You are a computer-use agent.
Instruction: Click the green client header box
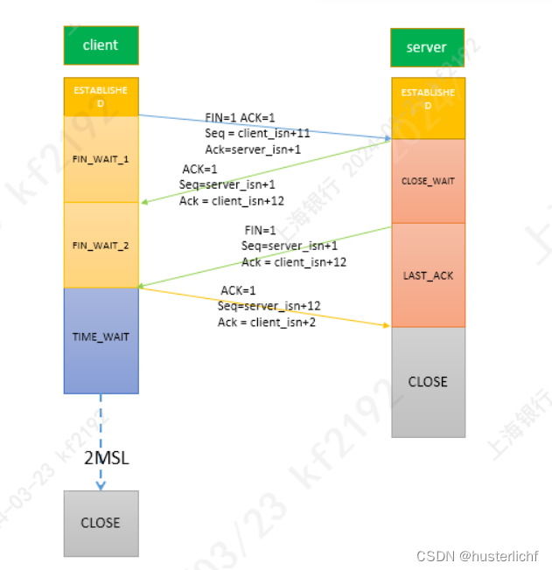pyautogui.click(x=101, y=45)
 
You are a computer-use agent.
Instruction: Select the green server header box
pyautogui.click(x=427, y=47)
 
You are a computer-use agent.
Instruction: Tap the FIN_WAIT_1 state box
pyautogui.click(x=101, y=159)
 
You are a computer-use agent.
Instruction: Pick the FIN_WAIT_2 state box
pyautogui.click(x=101, y=246)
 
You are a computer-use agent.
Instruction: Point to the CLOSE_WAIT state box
pyautogui.click(x=428, y=181)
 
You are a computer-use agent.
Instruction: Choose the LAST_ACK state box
pyautogui.click(x=428, y=275)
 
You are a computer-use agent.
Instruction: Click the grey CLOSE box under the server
pyautogui.click(x=428, y=382)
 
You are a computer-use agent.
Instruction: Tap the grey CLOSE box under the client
pyautogui.click(x=101, y=523)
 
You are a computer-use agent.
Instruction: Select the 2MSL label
pyautogui.click(x=107, y=458)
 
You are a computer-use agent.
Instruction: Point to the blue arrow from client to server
pyautogui.click(x=262, y=126)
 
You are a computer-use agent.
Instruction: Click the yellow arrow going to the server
pyautogui.click(x=262, y=307)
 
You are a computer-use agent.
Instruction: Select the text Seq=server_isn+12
pyautogui.click(x=269, y=306)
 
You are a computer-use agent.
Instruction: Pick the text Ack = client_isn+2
pyautogui.click(x=267, y=322)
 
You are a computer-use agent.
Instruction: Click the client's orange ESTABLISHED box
pyautogui.click(x=101, y=96)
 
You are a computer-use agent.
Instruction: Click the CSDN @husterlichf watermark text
pyautogui.click(x=477, y=556)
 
